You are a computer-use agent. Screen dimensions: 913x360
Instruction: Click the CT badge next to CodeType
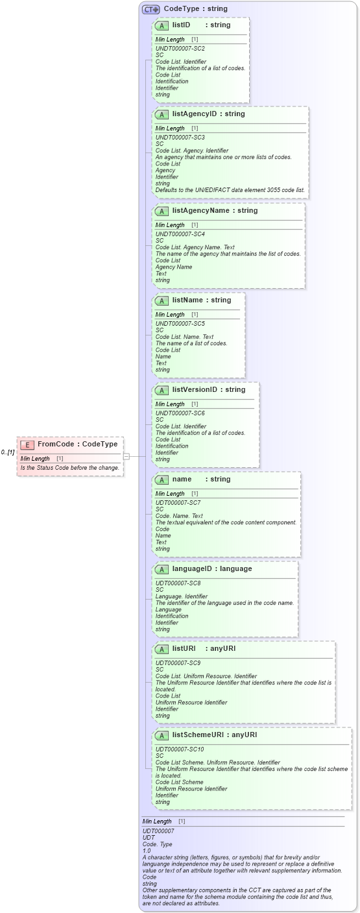tap(151, 9)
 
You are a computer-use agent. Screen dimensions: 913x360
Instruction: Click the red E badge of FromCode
tap(27, 444)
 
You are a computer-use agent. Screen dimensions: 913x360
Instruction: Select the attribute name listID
tap(181, 25)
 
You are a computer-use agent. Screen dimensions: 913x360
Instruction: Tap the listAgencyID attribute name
tap(195, 114)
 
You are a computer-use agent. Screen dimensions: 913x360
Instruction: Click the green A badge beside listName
tap(162, 300)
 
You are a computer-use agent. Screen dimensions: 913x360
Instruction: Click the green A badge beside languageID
tap(162, 569)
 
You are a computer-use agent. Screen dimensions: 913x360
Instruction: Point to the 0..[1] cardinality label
tap(8, 452)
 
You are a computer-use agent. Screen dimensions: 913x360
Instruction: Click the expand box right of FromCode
tap(126, 456)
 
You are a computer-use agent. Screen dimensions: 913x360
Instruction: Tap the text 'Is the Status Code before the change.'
tap(69, 467)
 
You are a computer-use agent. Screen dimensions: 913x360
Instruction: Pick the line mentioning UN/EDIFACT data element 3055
tap(230, 189)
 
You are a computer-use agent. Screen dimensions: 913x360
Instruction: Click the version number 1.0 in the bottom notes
tap(147, 850)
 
